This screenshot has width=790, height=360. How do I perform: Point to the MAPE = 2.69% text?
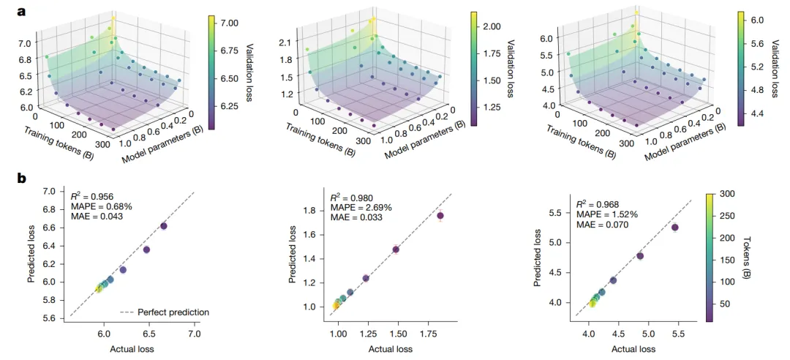coord(361,208)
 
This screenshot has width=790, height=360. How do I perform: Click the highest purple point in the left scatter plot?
coord(163,226)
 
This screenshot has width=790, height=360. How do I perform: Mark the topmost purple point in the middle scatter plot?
coord(440,215)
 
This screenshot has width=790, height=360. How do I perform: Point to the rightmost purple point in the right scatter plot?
coord(674,228)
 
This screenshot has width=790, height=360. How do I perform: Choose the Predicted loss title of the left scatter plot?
coord(32,254)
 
